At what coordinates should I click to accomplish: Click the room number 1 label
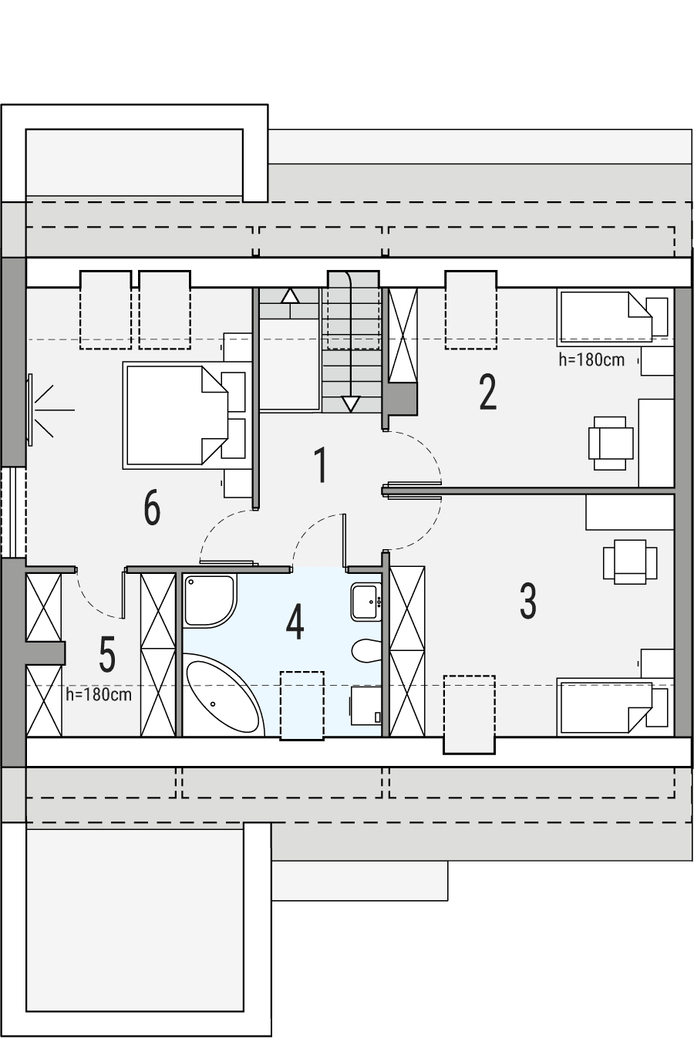pyautogui.click(x=321, y=466)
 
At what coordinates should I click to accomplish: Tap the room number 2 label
pyautogui.click(x=487, y=393)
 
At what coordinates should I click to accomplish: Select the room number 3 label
pyautogui.click(x=528, y=602)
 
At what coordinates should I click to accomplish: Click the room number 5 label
pyautogui.click(x=107, y=655)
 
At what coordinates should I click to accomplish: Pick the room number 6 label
pyautogui.click(x=152, y=509)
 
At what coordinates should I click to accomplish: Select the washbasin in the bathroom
pyautogui.click(x=366, y=601)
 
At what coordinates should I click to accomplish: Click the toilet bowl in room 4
pyautogui.click(x=367, y=650)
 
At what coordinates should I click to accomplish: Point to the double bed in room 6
pyautogui.click(x=176, y=416)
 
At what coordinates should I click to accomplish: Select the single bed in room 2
pyautogui.click(x=605, y=316)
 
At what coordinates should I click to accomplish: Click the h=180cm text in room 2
pyautogui.click(x=591, y=359)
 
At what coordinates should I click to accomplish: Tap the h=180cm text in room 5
pyautogui.click(x=99, y=694)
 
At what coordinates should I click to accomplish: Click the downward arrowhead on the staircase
pyautogui.click(x=351, y=403)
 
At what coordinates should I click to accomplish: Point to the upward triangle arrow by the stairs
pyautogui.click(x=289, y=295)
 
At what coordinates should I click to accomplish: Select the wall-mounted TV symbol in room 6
pyautogui.click(x=32, y=409)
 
